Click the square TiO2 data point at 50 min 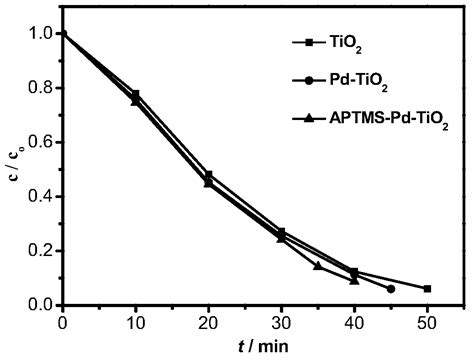coord(427,289)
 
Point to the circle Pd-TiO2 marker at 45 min coord(390,289)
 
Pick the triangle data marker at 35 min coord(317,266)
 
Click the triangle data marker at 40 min coord(354,280)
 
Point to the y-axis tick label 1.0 coord(39,33)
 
